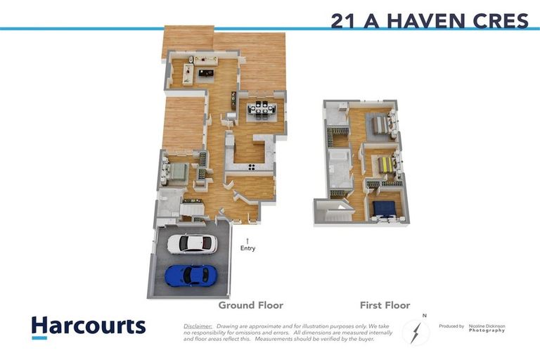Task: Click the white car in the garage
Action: (x=192, y=244)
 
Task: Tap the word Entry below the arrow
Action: (x=247, y=248)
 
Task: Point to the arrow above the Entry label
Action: (x=247, y=240)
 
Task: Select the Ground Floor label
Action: (x=250, y=305)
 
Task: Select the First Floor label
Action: (x=385, y=305)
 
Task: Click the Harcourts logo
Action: (x=88, y=326)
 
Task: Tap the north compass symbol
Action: (x=416, y=330)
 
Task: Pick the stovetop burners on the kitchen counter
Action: (x=251, y=167)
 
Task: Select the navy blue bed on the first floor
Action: (x=384, y=207)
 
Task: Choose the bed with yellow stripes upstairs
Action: (x=386, y=164)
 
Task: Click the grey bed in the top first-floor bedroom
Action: (x=380, y=124)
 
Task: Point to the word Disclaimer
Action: (x=198, y=326)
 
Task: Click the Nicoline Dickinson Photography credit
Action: (x=487, y=328)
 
